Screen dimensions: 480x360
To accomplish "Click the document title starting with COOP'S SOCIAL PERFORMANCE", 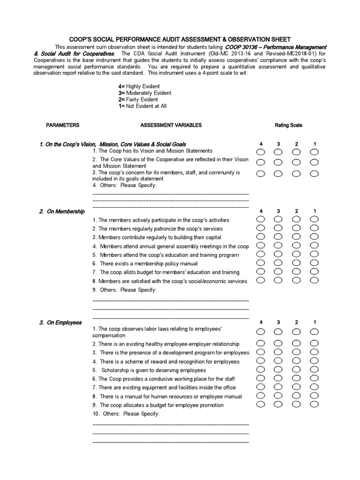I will coord(180,39).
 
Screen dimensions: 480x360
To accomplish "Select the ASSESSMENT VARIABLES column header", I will coord(171,125).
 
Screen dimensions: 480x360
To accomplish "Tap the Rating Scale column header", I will coord(288,125).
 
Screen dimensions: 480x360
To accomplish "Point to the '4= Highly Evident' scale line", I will coord(139,86).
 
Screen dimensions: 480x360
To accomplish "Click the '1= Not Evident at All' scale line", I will coord(142,106).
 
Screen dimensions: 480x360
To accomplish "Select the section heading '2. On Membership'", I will coord(62,211).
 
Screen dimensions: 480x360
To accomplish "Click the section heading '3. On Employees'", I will coord(60,322).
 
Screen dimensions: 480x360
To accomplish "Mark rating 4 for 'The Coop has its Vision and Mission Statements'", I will coord(261,152).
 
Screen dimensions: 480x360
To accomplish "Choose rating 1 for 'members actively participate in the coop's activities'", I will coord(314,219).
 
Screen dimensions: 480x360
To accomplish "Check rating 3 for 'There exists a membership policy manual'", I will coord(278,263).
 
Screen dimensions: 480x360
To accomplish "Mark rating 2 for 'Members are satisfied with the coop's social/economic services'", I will coord(296,280).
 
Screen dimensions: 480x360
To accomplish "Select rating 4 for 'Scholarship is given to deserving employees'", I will coord(261,370).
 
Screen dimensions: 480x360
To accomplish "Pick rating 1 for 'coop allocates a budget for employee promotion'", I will coord(314,404).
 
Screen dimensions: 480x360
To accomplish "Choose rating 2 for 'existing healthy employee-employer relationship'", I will coord(296,344).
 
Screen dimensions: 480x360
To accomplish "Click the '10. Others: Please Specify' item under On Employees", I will coord(126,414).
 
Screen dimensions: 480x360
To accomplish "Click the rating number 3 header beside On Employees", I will coord(278,322).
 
